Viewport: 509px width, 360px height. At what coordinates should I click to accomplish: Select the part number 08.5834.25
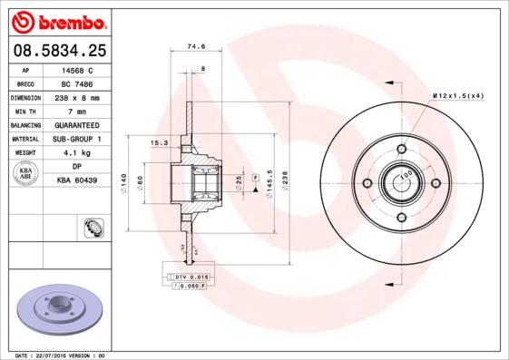(x=59, y=52)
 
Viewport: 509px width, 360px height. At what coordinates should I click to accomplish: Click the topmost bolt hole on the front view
(x=401, y=150)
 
